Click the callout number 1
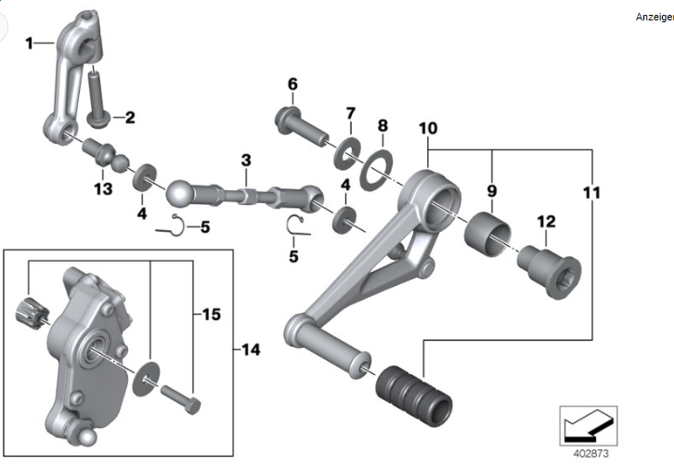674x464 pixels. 30,43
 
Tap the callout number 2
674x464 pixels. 130,118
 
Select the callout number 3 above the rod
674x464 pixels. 246,161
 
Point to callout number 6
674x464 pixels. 292,85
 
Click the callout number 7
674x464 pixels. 350,113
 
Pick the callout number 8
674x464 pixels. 382,126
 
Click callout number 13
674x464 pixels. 101,189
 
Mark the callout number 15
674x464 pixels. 212,315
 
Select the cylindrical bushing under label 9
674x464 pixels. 489,234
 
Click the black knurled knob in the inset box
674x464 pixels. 29,315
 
